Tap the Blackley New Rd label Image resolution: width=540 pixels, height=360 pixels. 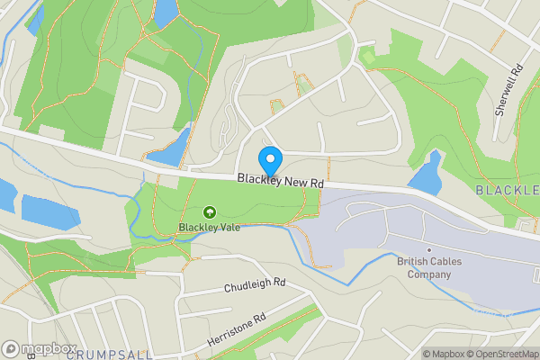pyautogui.click(x=280, y=181)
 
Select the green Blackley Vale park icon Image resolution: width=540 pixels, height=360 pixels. pyautogui.click(x=210, y=212)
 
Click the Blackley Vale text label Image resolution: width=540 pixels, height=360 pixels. pyautogui.click(x=209, y=227)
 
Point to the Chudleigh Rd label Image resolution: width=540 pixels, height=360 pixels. pyautogui.click(x=254, y=286)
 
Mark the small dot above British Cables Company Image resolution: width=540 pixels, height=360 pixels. pyautogui.click(x=429, y=249)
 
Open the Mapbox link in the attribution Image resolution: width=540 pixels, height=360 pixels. pyautogui.click(x=444, y=354)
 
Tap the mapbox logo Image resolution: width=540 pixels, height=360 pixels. pyautogui.click(x=40, y=348)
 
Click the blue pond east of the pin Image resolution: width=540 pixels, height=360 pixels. pyautogui.click(x=427, y=172)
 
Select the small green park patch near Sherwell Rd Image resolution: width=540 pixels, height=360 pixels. pyautogui.click(x=367, y=57)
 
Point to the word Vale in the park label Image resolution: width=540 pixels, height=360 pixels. pyautogui.click(x=228, y=227)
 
